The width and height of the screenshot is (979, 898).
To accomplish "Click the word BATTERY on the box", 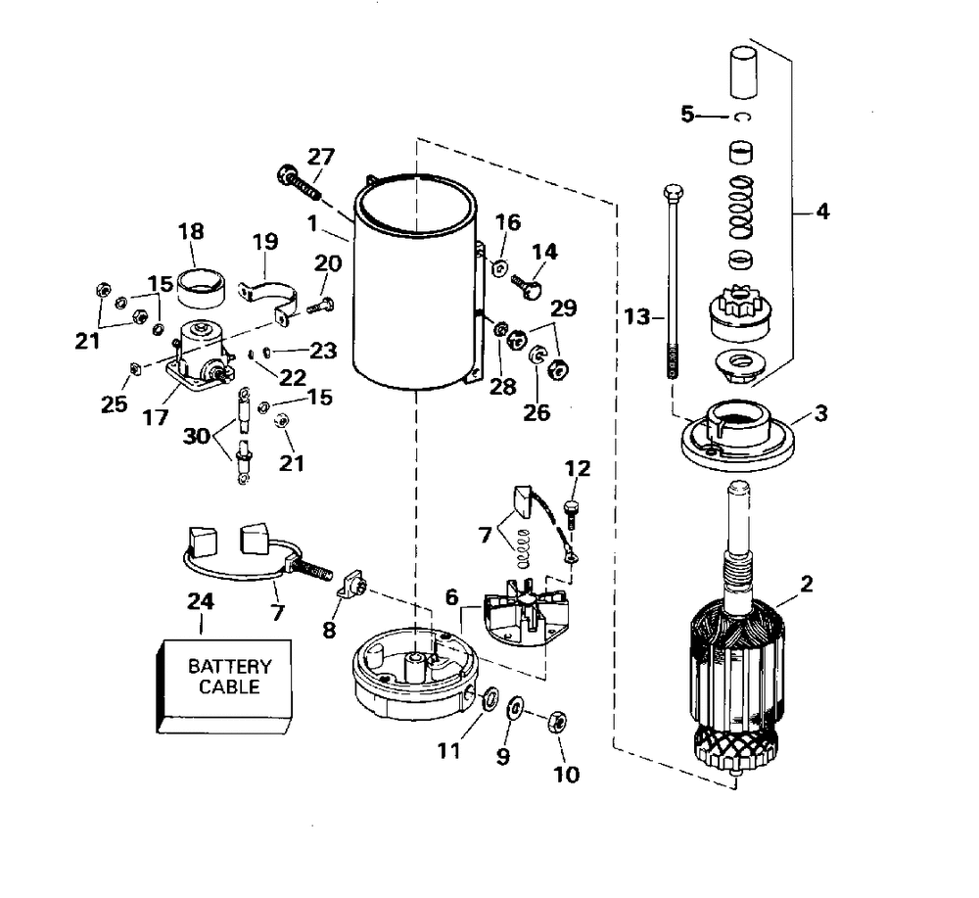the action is pos(230,666).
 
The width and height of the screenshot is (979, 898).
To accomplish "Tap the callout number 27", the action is pos(321,156).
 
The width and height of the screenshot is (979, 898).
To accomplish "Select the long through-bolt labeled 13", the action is pos(674,281).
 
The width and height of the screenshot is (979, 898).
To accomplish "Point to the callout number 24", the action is pos(201,601).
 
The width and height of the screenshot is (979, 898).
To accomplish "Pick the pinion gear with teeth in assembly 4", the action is pos(741,311).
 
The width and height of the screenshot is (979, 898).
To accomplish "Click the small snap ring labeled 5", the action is pos(742,117).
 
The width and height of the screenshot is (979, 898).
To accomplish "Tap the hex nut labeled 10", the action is pos(558,722).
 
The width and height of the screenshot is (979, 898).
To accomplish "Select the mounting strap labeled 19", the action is pos(268,298).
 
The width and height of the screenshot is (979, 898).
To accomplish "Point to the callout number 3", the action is pos(821,413).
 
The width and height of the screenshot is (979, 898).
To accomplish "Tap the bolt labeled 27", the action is pos(299,182).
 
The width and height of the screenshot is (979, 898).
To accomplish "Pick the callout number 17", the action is pos(156,417).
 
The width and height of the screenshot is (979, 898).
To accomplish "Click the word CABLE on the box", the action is pos(229,686).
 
